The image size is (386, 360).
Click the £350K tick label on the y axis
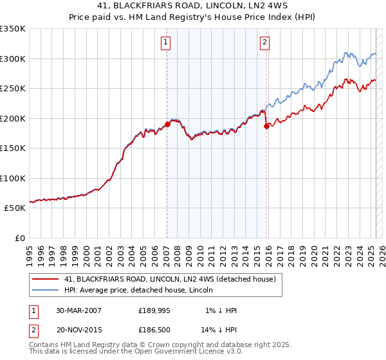pyautogui.click(x=13, y=29)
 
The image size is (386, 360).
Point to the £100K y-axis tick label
pyautogui.click(x=13, y=178)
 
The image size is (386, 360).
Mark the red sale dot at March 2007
pyautogui.click(x=167, y=124)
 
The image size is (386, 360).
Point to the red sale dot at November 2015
pyautogui.click(x=266, y=127)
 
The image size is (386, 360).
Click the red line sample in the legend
pyautogui.click(x=46, y=279)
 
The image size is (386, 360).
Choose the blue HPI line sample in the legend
pyautogui.click(x=46, y=290)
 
